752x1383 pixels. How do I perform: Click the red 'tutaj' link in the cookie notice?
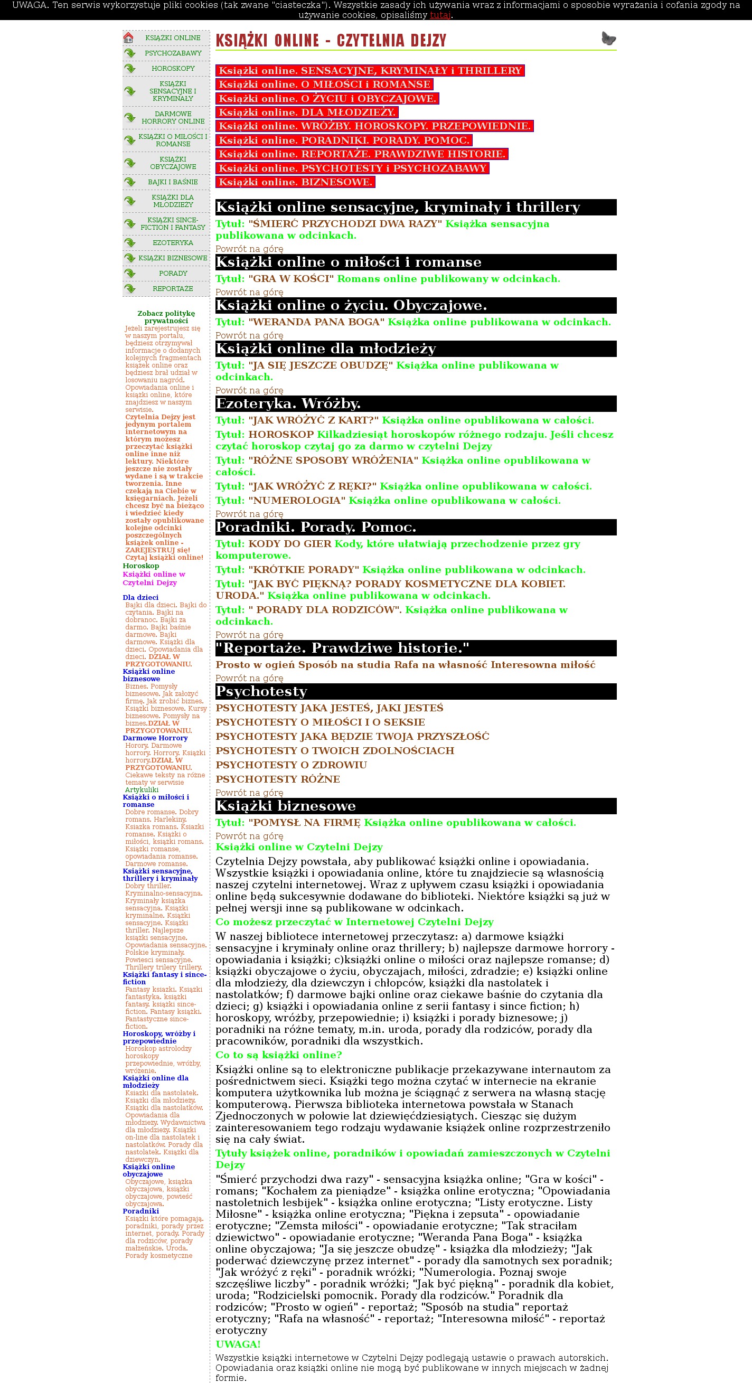[439, 15]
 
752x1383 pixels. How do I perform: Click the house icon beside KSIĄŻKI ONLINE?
[128, 37]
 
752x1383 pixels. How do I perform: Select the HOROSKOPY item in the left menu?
[173, 68]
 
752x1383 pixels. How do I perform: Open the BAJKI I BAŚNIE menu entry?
[173, 182]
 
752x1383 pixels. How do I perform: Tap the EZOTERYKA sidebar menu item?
[173, 243]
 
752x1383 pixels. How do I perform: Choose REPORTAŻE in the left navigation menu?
[173, 289]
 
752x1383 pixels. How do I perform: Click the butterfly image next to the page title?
[608, 39]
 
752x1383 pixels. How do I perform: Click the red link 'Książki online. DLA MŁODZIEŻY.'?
[307, 112]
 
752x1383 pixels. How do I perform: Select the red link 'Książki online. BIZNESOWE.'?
[295, 182]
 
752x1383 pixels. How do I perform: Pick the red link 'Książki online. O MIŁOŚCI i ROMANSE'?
[324, 84]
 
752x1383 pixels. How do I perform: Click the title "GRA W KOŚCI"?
[291, 279]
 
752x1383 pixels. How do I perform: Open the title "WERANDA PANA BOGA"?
[316, 322]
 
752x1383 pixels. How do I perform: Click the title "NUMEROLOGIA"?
[297, 501]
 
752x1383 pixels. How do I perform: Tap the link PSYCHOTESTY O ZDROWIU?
[291, 765]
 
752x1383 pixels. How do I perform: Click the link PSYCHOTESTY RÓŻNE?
[277, 779]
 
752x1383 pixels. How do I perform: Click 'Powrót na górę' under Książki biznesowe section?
[249, 836]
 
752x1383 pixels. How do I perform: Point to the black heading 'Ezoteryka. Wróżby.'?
[288, 404]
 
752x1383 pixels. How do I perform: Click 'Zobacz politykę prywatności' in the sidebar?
[166, 317]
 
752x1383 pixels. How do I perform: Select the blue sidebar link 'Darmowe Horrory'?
[155, 738]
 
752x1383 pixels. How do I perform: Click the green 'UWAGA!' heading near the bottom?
[238, 1344]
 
